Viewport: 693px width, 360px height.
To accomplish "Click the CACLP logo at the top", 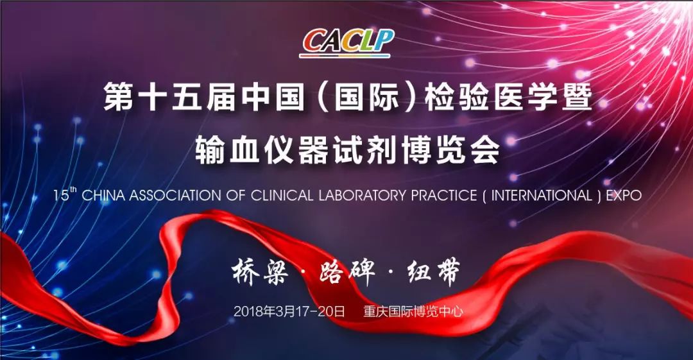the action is pos(347,44).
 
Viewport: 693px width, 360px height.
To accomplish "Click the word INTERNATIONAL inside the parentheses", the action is pos(542,196).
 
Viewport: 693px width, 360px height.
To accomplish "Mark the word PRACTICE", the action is pos(444,196).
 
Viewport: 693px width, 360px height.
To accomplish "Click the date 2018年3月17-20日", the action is pos(289,311).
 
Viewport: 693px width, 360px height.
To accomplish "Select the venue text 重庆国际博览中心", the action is pos(413,311).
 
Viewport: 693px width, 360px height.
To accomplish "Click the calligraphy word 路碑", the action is pos(347,271).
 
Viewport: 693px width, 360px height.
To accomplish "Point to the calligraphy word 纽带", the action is pos(434,271).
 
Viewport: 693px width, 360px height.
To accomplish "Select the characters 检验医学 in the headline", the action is pos(491,97).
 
